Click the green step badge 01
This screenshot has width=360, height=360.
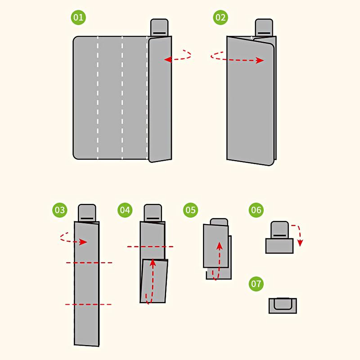[x=78, y=17]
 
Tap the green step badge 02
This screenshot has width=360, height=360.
[x=220, y=17]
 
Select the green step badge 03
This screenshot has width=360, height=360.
[x=60, y=210]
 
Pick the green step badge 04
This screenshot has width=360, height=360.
[x=125, y=210]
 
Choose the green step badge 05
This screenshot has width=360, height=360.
[x=190, y=210]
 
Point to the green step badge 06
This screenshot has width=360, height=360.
[x=256, y=210]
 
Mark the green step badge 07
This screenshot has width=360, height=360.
[x=256, y=284]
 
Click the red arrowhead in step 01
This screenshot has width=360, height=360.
[x=167, y=59]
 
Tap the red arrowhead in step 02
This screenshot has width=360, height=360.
[x=260, y=60]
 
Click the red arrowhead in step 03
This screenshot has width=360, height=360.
[x=83, y=242]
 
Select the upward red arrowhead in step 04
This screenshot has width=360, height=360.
[x=153, y=263]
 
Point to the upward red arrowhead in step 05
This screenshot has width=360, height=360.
[x=220, y=246]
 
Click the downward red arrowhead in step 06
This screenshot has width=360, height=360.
[x=300, y=243]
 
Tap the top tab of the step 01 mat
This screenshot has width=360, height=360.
[x=159, y=27]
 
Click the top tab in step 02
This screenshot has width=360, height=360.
[x=264, y=27]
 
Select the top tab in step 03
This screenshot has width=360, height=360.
[x=87, y=213]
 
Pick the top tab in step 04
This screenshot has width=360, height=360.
[x=153, y=213]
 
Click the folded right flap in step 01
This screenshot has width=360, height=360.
[x=160, y=99]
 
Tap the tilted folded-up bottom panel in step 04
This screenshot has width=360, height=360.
[x=154, y=281]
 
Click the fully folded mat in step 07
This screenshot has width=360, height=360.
[x=283, y=306]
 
